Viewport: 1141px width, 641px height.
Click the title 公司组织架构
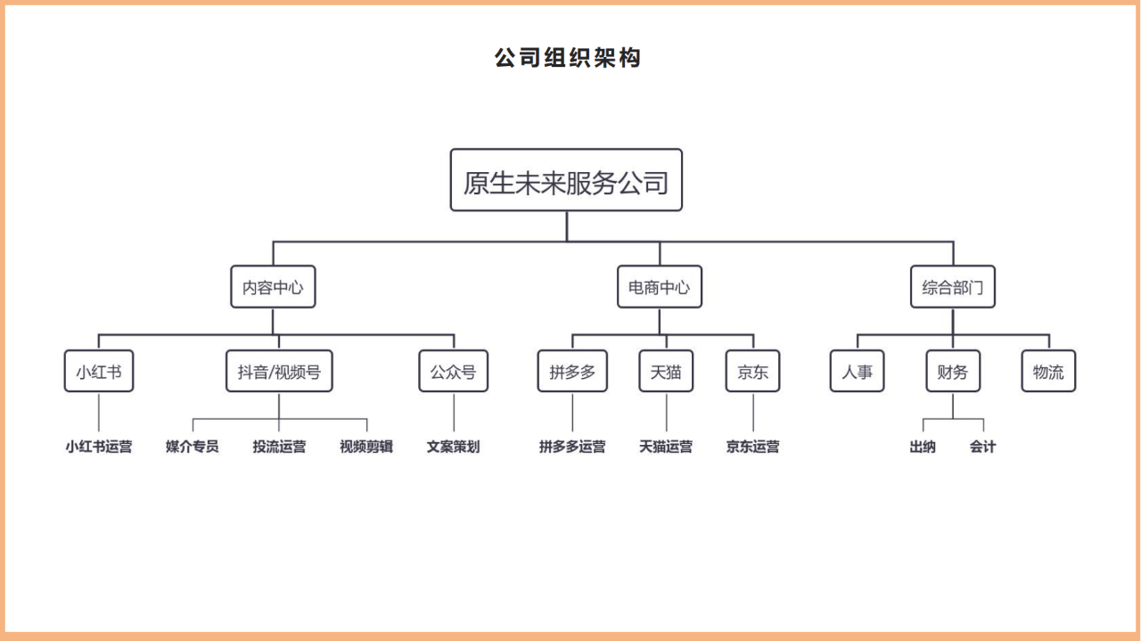click(x=568, y=58)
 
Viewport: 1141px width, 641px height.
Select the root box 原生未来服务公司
click(x=566, y=180)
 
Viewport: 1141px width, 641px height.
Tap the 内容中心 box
click(x=273, y=286)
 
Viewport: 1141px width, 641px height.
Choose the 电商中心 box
click(x=659, y=286)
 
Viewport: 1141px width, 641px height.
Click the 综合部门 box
click(x=953, y=286)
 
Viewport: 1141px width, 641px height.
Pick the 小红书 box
click(x=99, y=371)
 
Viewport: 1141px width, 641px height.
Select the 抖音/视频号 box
click(x=279, y=371)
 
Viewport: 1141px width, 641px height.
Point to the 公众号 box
click(x=454, y=371)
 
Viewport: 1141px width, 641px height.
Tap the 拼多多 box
click(x=572, y=371)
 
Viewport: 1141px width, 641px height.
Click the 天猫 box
click(x=666, y=371)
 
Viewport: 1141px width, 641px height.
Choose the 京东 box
click(x=752, y=371)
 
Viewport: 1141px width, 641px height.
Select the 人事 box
click(x=857, y=371)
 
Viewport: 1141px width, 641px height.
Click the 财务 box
click(x=953, y=371)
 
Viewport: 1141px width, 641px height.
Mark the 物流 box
click(x=1048, y=371)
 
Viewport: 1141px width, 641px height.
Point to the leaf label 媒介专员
click(x=192, y=447)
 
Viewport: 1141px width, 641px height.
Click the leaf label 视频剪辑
click(x=366, y=447)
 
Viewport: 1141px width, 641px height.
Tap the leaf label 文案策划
click(x=454, y=447)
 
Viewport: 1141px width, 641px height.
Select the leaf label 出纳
click(x=923, y=447)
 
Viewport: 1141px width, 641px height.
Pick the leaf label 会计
click(x=982, y=447)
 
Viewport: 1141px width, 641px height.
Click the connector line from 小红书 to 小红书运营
click(x=99, y=412)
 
